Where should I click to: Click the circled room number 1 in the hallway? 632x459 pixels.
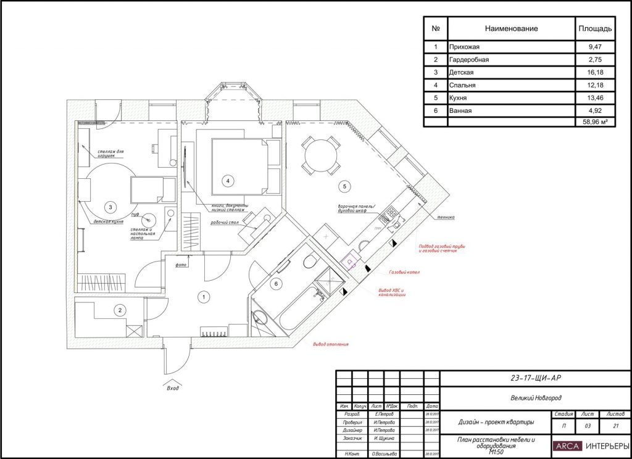[202, 297]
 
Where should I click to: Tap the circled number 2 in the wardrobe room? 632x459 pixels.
[121, 310]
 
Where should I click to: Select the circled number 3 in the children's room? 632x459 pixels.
[110, 207]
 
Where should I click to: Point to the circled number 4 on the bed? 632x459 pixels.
[228, 181]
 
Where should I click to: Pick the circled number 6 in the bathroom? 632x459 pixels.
[276, 283]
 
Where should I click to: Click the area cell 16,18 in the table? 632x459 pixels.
[595, 72]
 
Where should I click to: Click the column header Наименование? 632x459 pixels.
[511, 28]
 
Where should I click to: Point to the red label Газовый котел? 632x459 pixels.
[404, 272]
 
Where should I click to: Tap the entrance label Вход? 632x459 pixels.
[173, 389]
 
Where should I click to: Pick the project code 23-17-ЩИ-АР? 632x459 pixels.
[536, 378]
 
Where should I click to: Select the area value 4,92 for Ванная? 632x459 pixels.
[595, 110]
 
